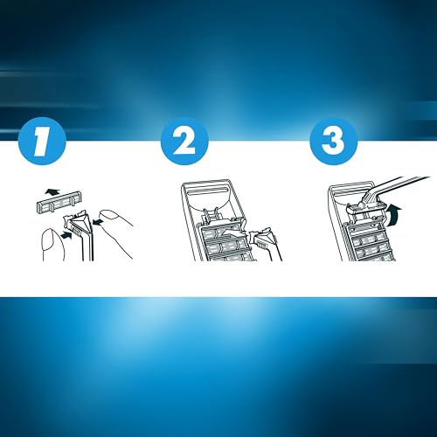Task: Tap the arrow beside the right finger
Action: tap(99, 223)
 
